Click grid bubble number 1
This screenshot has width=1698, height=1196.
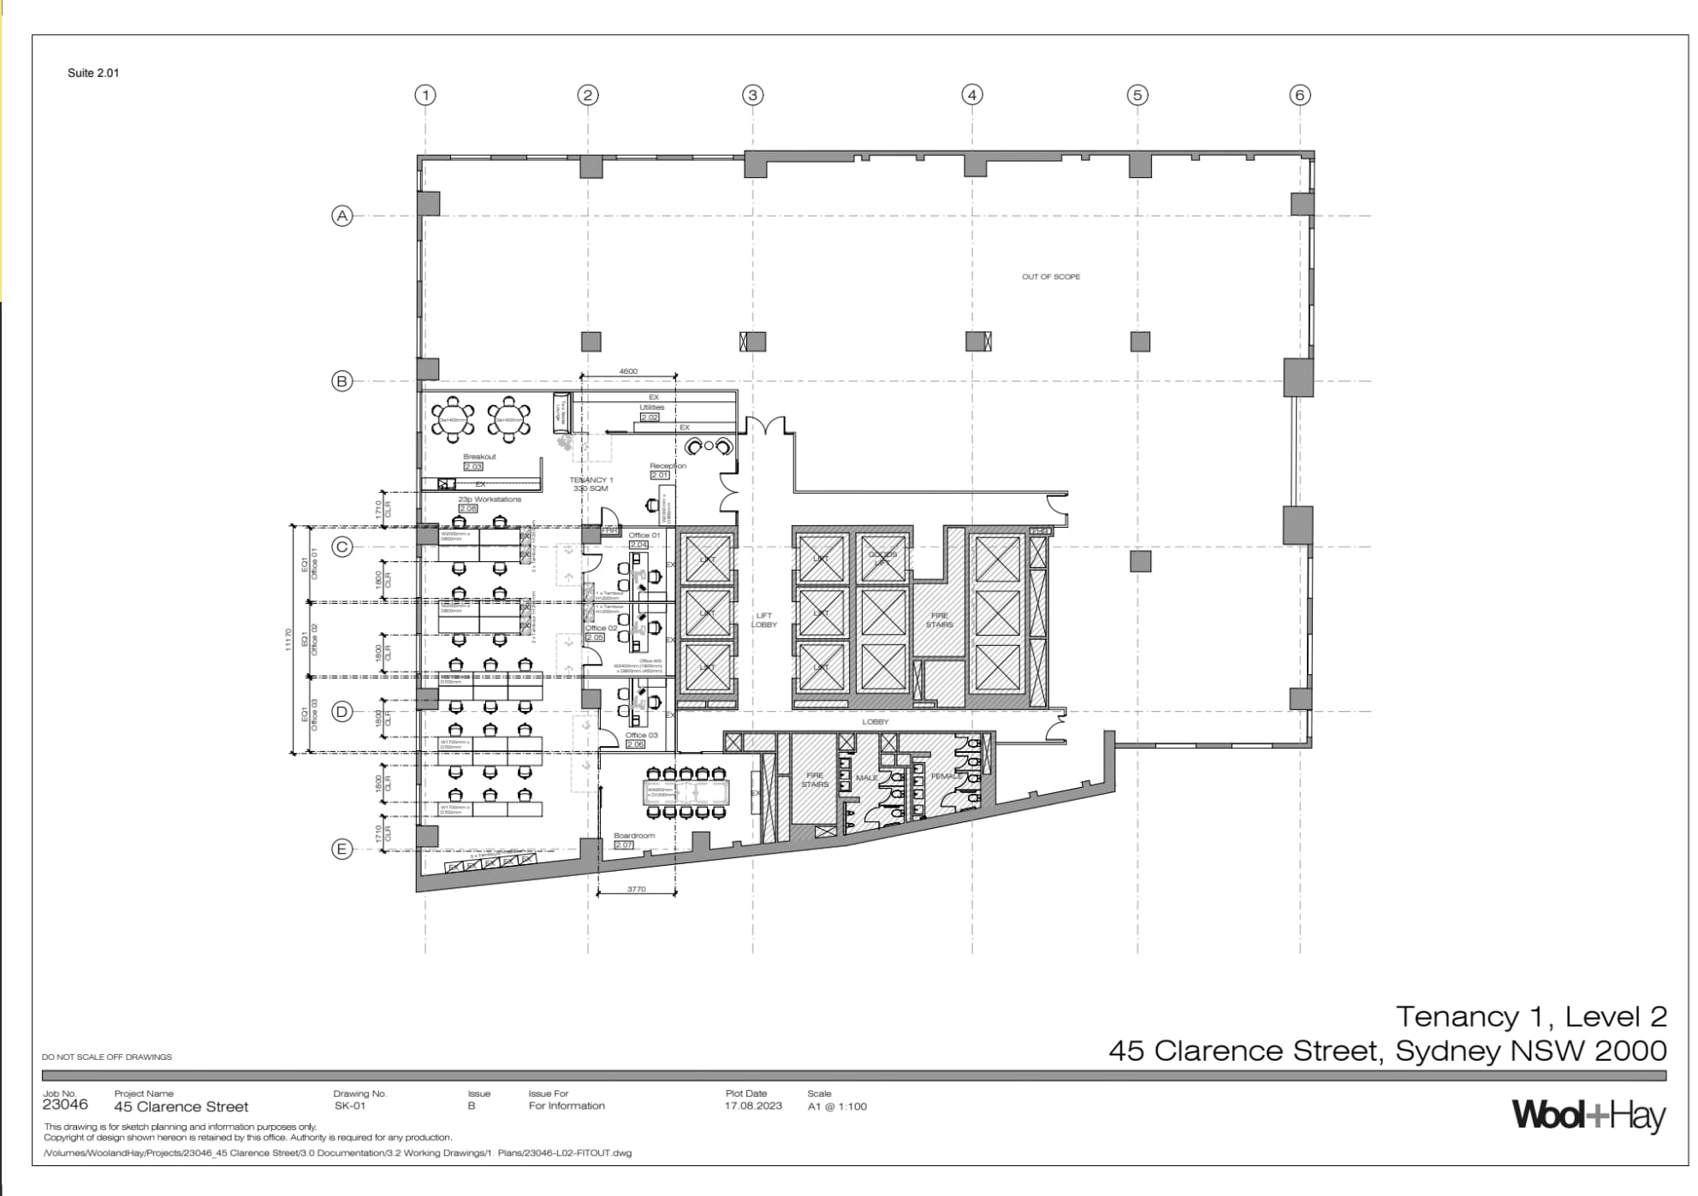pyautogui.click(x=425, y=95)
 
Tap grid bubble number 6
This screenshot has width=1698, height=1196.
pyautogui.click(x=1299, y=95)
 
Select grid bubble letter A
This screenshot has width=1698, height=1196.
pyautogui.click(x=342, y=216)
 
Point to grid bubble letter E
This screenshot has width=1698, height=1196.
pyautogui.click(x=342, y=849)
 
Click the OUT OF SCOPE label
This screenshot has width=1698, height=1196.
pyautogui.click(x=1050, y=276)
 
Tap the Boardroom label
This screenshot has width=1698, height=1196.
pyautogui.click(x=634, y=836)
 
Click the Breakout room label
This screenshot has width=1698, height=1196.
pyautogui.click(x=479, y=457)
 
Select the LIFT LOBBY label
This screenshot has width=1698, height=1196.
pyautogui.click(x=763, y=620)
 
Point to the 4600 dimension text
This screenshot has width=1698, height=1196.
pyautogui.click(x=628, y=371)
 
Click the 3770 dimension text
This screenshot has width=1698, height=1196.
pyautogui.click(x=636, y=890)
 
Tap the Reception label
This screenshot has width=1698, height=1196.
pyautogui.click(x=668, y=466)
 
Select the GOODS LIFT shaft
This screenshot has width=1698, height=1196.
pyautogui.click(x=882, y=559)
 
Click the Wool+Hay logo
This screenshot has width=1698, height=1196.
pyautogui.click(x=1588, y=1116)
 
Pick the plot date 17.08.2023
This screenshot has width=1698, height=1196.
pyautogui.click(x=753, y=1106)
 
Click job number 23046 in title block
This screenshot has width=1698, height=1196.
pyautogui.click(x=65, y=1104)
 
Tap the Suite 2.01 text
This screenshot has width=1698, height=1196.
pyautogui.click(x=93, y=73)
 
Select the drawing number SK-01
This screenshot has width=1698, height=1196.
pyautogui.click(x=350, y=1106)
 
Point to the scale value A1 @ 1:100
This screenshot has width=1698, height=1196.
pyautogui.click(x=837, y=1106)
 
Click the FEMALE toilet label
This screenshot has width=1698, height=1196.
pyautogui.click(x=947, y=777)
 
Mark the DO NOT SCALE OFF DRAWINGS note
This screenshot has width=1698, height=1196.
pyautogui.click(x=107, y=1057)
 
